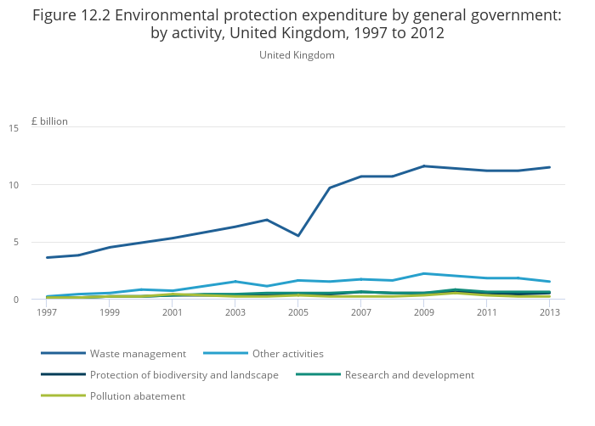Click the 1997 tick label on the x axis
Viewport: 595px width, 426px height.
pos(47,312)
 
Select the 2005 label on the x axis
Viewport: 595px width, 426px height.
pos(298,312)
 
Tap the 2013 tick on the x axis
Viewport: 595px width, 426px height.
pos(549,312)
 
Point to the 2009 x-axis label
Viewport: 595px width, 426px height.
pos(424,312)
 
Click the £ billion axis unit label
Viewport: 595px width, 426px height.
pos(49,121)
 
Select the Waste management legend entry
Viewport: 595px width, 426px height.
pos(138,353)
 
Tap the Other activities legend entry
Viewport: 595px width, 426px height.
pos(288,353)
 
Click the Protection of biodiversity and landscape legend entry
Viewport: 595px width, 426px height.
pos(184,374)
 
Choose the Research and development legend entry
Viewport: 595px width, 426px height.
pos(410,374)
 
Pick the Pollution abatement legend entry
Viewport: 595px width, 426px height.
pos(138,395)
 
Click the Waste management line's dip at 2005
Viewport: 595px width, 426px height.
pos(298,235)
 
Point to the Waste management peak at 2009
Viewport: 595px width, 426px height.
pos(424,166)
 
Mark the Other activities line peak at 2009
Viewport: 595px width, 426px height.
pos(424,273)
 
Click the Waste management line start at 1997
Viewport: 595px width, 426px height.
pos(48,257)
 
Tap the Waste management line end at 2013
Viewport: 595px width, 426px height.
pos(549,167)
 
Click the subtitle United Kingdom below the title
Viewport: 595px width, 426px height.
pos(297,55)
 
